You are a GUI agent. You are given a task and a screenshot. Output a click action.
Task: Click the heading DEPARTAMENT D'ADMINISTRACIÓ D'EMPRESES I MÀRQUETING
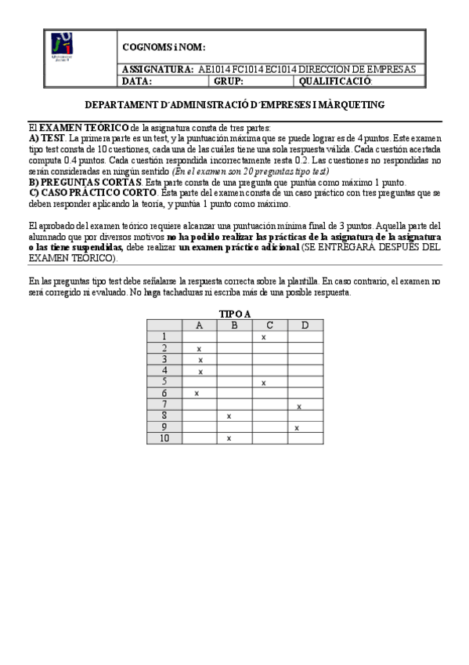[x=234, y=104]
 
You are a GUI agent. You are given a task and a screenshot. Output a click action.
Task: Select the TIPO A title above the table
[x=235, y=314]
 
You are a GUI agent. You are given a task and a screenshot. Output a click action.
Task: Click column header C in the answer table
[x=269, y=325]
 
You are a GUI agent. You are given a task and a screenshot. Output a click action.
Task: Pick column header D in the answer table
[x=305, y=325]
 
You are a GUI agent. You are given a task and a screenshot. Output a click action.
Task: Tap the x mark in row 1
[x=264, y=337]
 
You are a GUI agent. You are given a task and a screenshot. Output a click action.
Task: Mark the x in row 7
[x=299, y=406]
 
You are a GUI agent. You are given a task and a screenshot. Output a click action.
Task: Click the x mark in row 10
[x=229, y=438]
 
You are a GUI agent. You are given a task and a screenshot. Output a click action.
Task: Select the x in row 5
[x=264, y=383]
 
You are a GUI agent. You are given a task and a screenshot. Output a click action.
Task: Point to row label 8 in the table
[x=164, y=416]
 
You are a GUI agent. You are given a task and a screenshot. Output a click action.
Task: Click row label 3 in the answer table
[x=164, y=359]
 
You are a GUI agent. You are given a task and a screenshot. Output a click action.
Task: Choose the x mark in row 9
[x=297, y=427]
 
